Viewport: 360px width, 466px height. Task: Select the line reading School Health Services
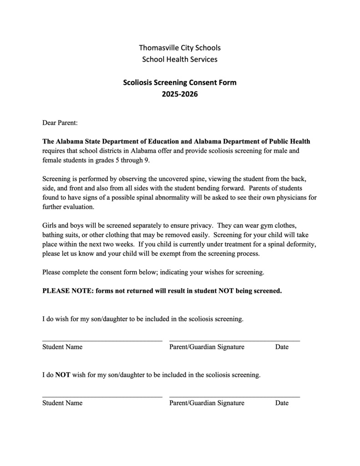(x=180, y=59)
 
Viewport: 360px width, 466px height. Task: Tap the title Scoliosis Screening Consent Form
(x=180, y=83)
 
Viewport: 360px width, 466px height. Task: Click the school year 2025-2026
(x=180, y=95)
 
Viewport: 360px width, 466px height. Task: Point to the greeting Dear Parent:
(x=60, y=123)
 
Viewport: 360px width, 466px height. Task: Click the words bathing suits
(x=61, y=235)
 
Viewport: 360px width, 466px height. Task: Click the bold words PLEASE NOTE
(x=67, y=291)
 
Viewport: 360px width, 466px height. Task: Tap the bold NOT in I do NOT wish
(x=63, y=375)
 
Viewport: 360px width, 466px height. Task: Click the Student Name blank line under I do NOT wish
(x=102, y=396)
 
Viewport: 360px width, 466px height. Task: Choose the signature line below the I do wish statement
(x=234, y=340)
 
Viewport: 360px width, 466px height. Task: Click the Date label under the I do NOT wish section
(x=282, y=403)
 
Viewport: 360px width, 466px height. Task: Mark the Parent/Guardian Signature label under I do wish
(x=207, y=347)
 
